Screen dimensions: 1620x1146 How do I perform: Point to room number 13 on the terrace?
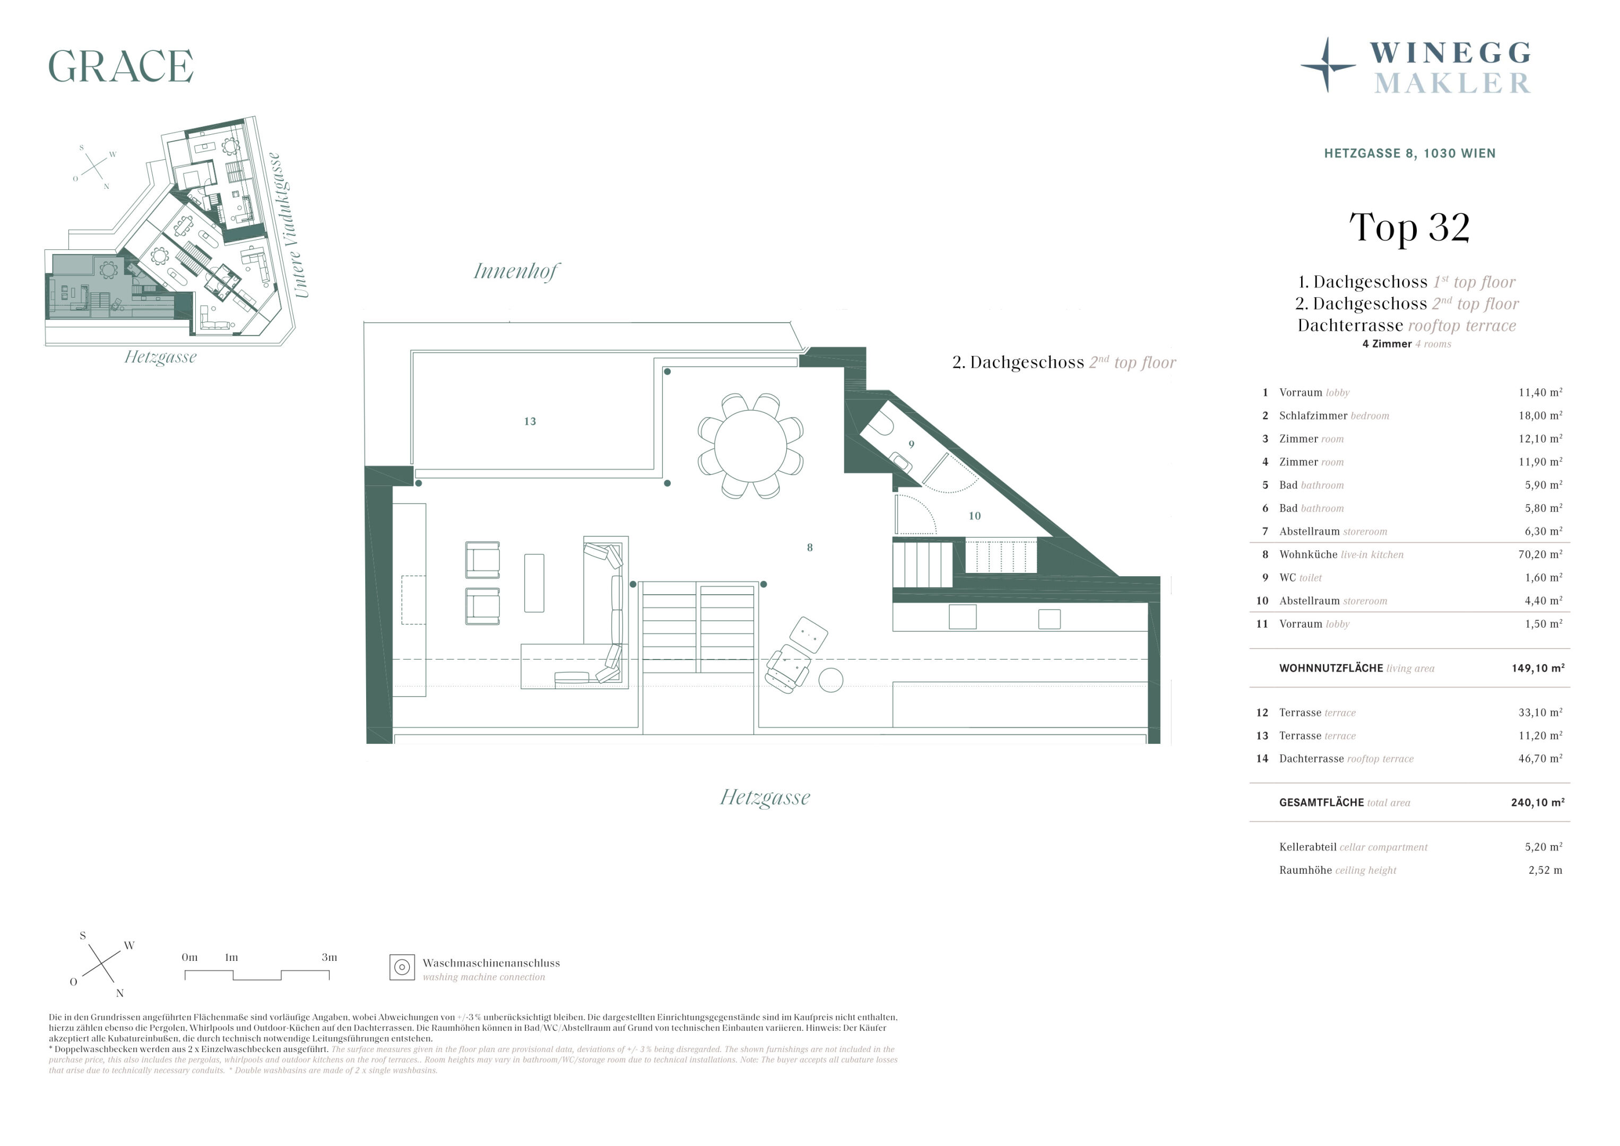(530, 421)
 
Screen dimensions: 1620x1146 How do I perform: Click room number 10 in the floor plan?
(974, 516)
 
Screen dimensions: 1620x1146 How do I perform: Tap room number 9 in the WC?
(912, 445)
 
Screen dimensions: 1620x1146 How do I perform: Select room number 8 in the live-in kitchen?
(810, 548)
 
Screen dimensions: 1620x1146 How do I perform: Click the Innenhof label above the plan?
(516, 271)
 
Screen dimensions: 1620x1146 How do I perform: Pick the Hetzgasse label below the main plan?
(765, 797)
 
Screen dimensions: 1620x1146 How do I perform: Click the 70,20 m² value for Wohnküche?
(1540, 554)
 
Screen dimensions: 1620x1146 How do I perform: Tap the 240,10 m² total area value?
(1538, 802)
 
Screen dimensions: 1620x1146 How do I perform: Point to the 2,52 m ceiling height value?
(1545, 870)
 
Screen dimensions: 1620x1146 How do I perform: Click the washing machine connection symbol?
(402, 967)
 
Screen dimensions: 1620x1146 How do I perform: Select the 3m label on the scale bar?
(330, 958)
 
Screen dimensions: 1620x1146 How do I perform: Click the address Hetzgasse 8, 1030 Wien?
(1410, 153)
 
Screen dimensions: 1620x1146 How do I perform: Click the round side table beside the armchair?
(830, 680)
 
